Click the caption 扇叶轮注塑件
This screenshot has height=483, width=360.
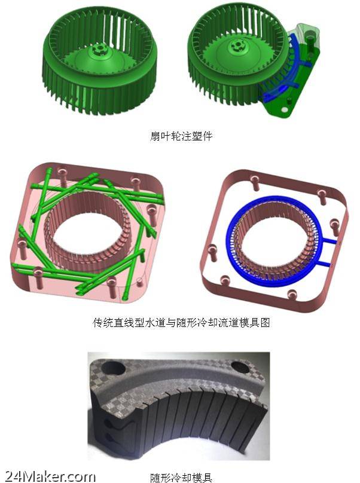181,136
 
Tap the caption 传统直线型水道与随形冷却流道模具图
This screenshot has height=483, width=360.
181,323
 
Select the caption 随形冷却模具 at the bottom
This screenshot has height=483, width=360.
181,478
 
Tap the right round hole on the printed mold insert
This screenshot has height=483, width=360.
242,366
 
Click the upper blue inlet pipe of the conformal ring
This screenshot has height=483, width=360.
329,240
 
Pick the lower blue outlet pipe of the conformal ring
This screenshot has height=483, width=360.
328,264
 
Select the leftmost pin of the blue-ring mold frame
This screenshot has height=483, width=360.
212,251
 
